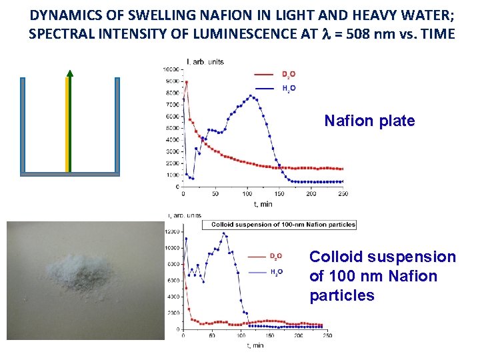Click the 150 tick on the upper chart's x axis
pyautogui.click(x=279, y=194)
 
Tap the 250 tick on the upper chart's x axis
pyautogui.click(x=343, y=194)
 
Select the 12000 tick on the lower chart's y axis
pyautogui.click(x=172, y=232)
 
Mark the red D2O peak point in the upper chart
pyautogui.click(x=187, y=83)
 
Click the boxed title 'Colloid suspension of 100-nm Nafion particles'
pyautogui.click(x=283, y=225)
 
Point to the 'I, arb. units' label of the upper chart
pyautogui.click(x=205, y=62)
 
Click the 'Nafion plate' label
pyautogui.click(x=369, y=121)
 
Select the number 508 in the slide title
pyautogui.click(x=377, y=33)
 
